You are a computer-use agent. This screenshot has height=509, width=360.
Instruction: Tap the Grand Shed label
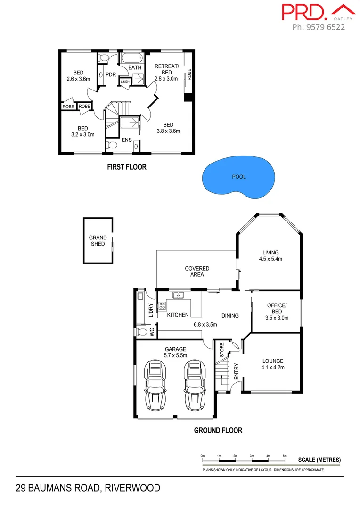[x=98, y=241]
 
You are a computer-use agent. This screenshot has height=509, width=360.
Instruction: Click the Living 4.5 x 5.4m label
[x=271, y=255]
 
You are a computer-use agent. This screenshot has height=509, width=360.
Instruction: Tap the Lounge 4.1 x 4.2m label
[x=273, y=364]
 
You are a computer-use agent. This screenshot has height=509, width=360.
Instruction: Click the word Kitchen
[x=178, y=315]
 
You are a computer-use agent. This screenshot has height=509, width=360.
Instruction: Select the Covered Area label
[x=197, y=271]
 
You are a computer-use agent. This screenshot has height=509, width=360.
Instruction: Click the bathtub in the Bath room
[x=131, y=59]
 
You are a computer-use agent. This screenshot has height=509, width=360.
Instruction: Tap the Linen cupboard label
[x=124, y=82]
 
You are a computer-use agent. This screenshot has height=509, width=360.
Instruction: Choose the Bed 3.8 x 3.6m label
[x=168, y=128]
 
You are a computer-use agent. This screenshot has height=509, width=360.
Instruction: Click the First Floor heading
[x=127, y=167]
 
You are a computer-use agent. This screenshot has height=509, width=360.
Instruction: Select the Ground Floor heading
[x=218, y=430]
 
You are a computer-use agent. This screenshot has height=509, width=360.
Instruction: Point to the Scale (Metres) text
[x=319, y=460]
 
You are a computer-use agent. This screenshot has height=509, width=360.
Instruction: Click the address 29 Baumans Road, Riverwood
[x=88, y=488]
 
